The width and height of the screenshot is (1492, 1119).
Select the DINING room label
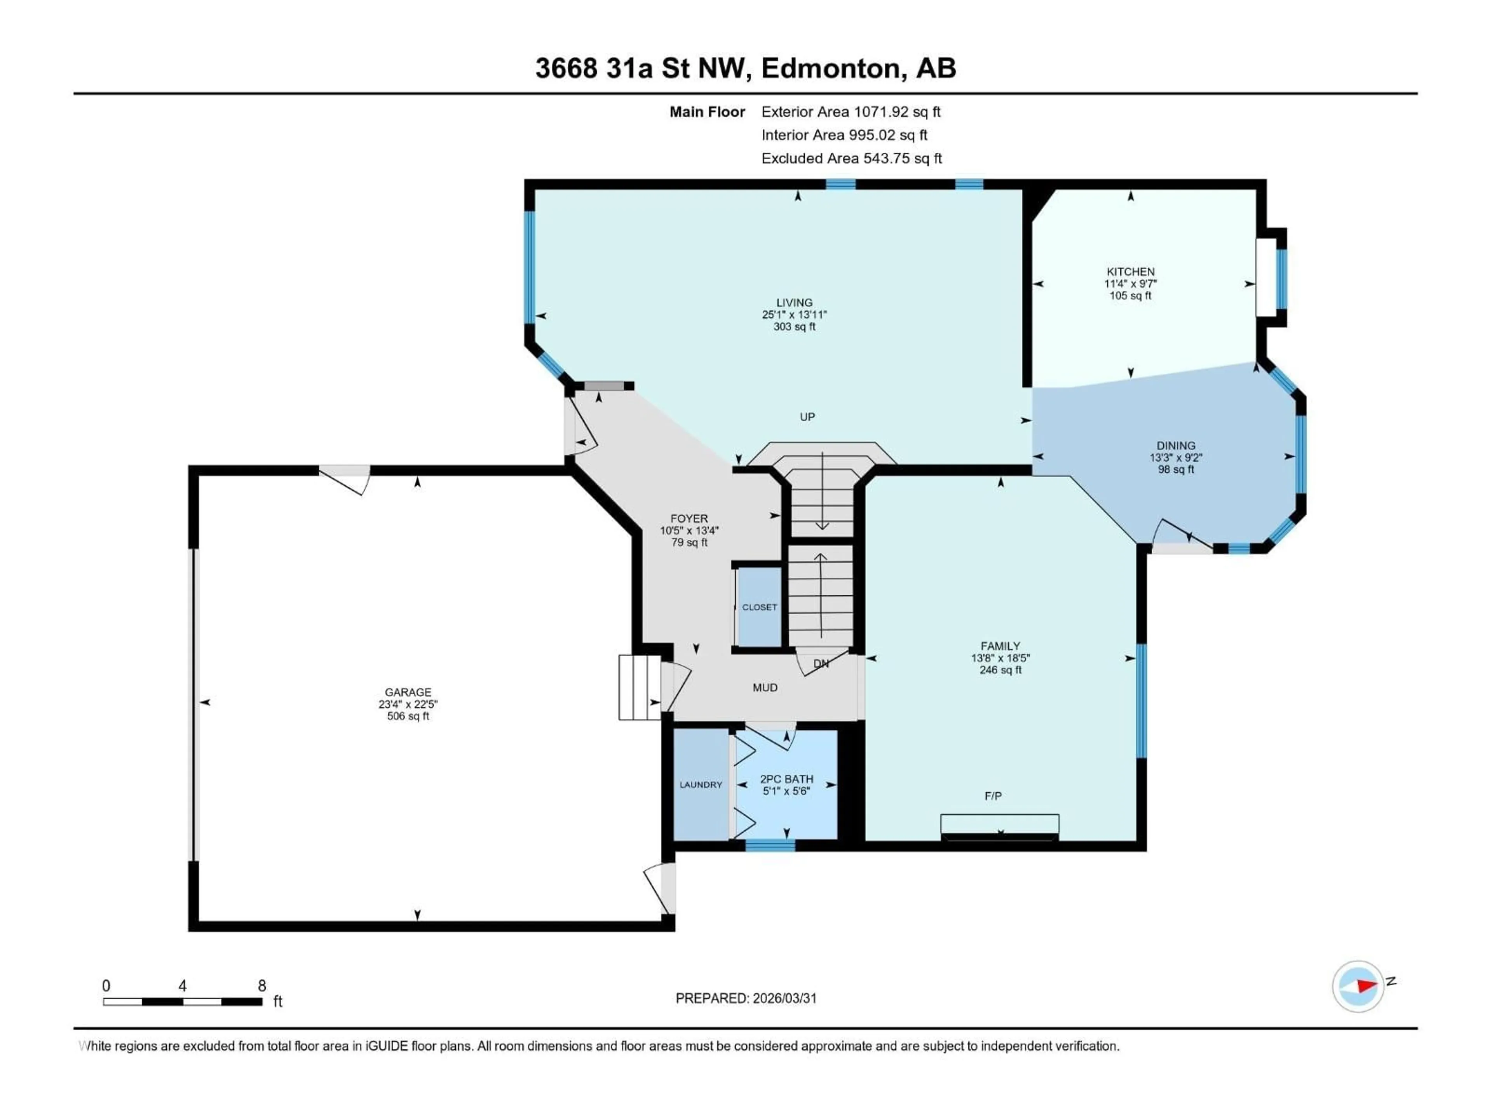point(1176,446)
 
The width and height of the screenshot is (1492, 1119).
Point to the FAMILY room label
point(1000,646)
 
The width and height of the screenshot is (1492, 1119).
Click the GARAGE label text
point(408,692)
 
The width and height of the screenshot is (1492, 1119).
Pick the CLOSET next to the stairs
point(760,607)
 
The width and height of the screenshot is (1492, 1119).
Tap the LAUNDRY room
point(701,784)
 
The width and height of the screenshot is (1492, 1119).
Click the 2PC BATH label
point(786,779)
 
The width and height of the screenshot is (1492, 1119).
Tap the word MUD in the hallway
point(765,687)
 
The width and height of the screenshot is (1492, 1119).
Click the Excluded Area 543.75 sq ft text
point(851,159)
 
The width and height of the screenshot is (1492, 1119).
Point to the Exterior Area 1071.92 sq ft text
point(851,112)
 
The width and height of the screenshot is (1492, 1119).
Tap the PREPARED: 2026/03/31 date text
point(746,998)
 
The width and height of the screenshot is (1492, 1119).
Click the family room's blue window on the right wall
point(1141,701)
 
